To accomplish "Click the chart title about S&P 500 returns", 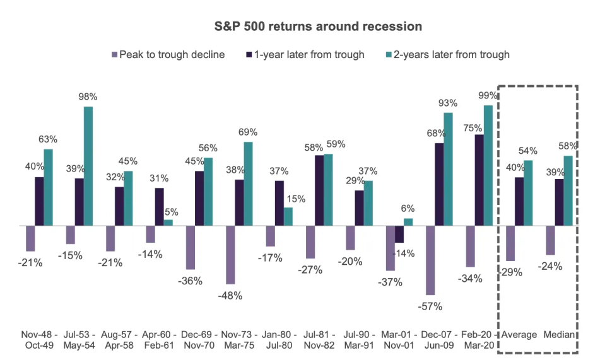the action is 318,26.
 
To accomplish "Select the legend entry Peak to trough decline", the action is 168,55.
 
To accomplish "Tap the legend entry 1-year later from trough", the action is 305,55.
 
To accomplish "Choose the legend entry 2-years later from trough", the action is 447,55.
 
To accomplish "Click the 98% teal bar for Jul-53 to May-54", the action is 88,166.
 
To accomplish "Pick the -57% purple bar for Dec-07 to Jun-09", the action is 430,260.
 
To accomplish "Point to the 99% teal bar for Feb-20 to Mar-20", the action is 488,165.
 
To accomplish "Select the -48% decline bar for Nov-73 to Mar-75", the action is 230,255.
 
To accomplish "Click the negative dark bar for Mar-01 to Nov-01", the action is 399,235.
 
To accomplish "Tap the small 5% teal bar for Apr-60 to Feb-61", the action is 168,223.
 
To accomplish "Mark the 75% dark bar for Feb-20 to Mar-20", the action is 479,180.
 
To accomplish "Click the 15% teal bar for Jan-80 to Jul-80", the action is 288,217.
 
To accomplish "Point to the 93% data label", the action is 447,103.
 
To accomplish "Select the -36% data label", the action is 190,281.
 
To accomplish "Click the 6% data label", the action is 408,209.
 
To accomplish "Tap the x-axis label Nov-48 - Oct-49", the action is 39,340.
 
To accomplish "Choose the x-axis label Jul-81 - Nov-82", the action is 319,340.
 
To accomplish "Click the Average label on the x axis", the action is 519,335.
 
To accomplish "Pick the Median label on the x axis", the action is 559,335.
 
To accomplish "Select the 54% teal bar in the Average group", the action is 528,193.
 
